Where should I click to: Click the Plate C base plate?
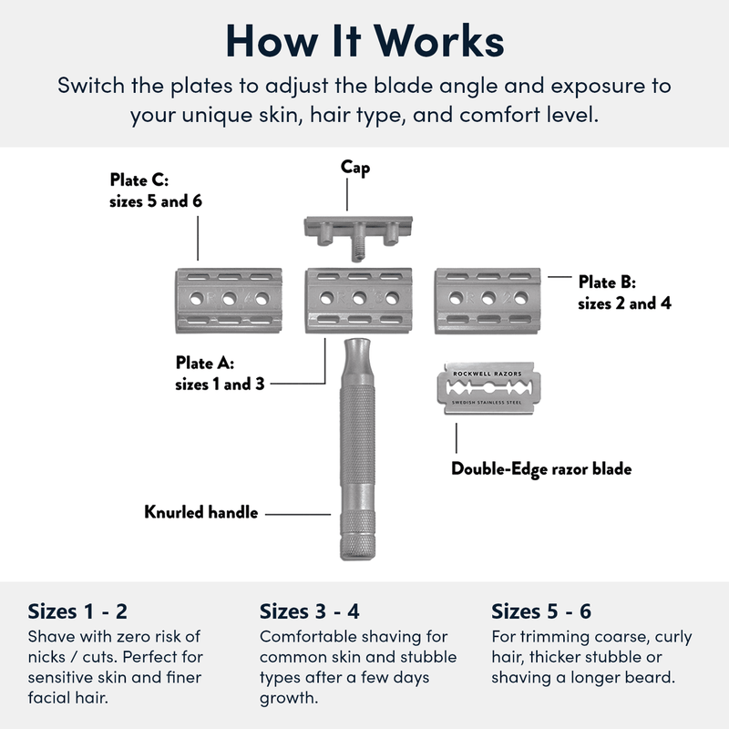coord(228,298)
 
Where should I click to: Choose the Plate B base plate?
coord(489,298)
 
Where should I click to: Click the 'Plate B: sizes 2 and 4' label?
coord(624,293)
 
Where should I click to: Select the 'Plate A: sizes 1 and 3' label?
coord(220,374)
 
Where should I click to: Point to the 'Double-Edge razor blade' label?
coord(541,469)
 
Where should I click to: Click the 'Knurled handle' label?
coord(200,512)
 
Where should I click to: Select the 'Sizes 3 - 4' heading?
coord(310,611)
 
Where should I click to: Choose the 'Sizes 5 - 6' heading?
coord(541,611)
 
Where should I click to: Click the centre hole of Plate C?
coord(228,298)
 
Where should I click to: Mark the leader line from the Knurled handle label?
coord(297,513)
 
